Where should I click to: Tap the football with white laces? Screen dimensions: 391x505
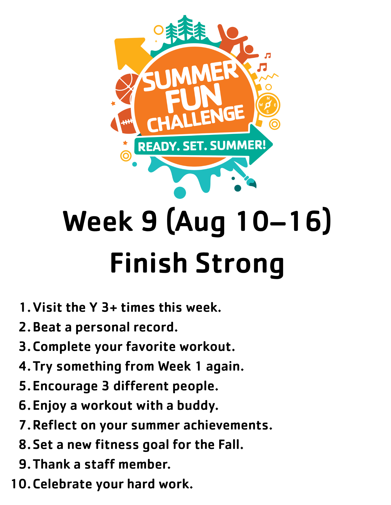pyautogui.click(x=124, y=121)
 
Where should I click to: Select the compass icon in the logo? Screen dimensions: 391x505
pyautogui.click(x=268, y=105)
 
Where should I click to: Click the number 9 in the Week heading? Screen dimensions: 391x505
pyautogui.click(x=150, y=221)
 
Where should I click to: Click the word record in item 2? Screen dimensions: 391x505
pyautogui.click(x=155, y=327)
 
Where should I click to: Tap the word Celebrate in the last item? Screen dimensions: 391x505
pyautogui.click(x=63, y=484)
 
